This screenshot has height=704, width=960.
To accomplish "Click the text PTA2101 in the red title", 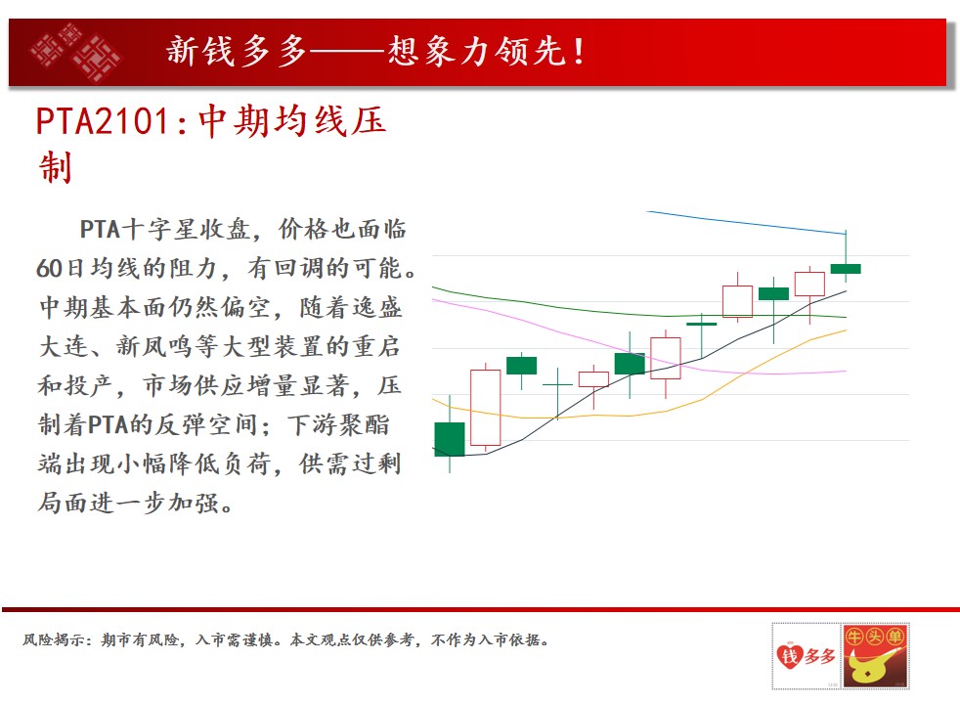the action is (x=103, y=120).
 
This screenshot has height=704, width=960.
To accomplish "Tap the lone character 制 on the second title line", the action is (x=56, y=167).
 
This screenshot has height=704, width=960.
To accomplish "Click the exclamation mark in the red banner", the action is (x=579, y=51).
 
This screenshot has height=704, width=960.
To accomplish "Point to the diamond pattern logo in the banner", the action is (x=76, y=52).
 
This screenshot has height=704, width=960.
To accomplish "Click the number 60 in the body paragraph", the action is (x=49, y=268).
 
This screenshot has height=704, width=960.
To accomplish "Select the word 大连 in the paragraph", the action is (x=64, y=346).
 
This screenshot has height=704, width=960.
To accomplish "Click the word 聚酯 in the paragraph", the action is (x=365, y=424).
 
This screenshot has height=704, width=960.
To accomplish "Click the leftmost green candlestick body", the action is (x=450, y=439).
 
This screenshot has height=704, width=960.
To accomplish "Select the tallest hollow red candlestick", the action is (x=486, y=407).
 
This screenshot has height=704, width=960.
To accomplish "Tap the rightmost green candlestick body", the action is (x=846, y=269).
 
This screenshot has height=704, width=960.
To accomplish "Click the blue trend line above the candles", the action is (x=746, y=223).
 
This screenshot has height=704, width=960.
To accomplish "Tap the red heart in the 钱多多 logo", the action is (x=790, y=656).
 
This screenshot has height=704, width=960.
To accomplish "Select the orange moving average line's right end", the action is (x=847, y=330).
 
